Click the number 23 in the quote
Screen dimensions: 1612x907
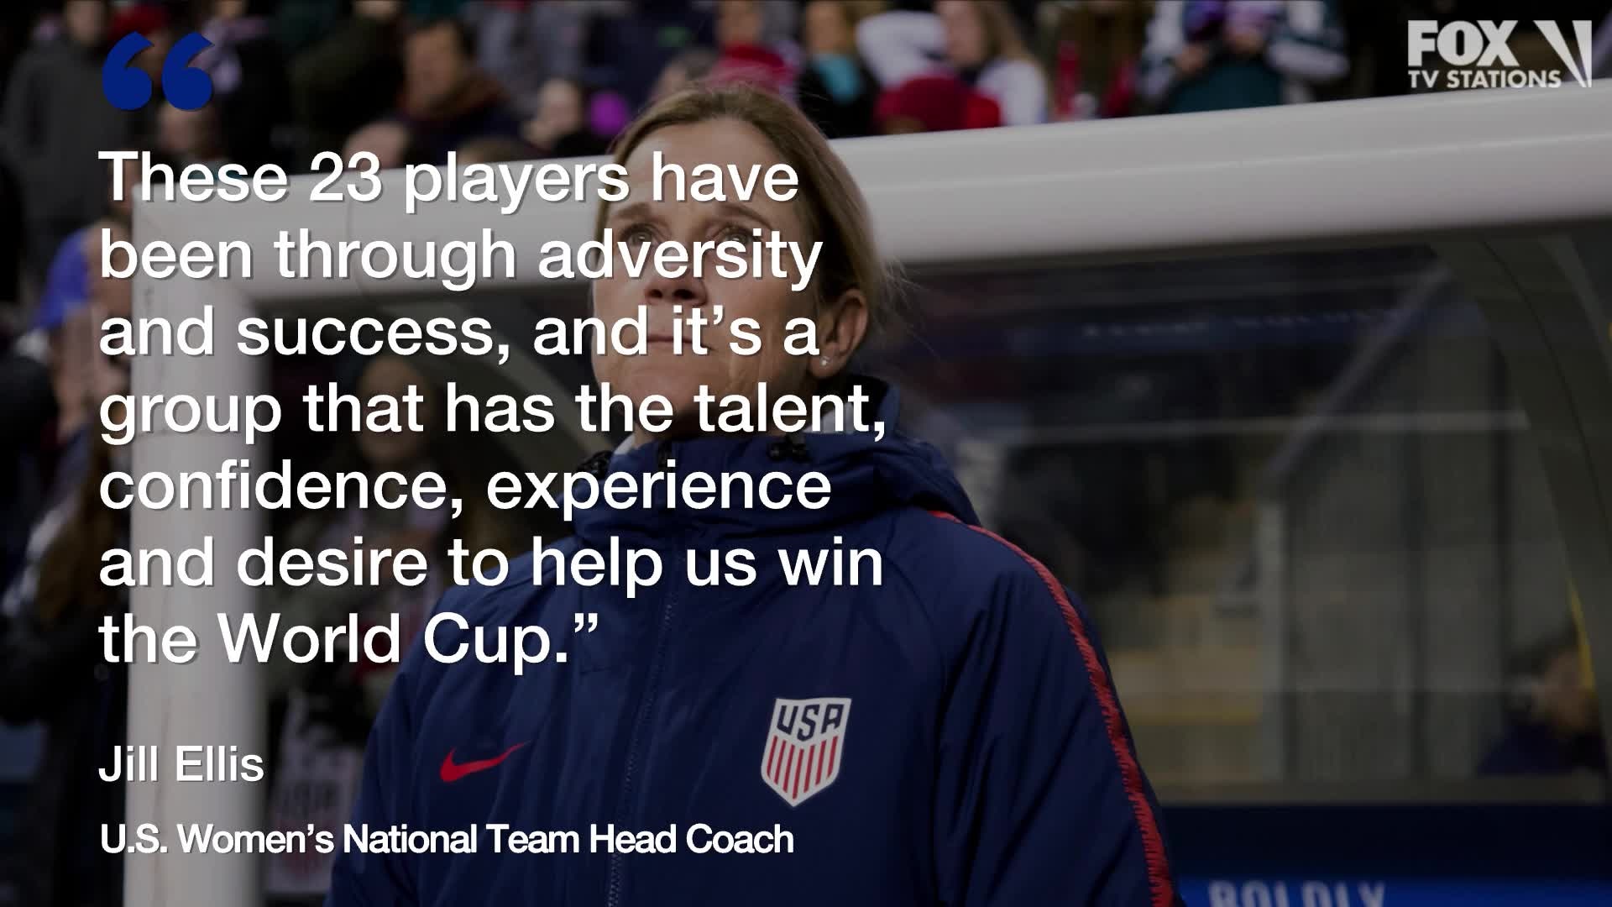(345, 177)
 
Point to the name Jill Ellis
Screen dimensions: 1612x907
(181, 764)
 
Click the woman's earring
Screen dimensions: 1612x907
(825, 361)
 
